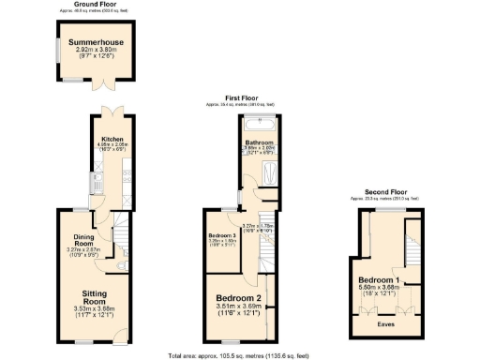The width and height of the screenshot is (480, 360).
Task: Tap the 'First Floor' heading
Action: coord(240,97)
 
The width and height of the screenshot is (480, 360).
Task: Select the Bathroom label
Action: coord(260,142)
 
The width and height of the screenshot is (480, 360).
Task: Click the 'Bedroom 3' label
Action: coord(220,234)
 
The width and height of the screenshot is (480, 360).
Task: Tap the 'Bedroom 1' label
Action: coord(379,280)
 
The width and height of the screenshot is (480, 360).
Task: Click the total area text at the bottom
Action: coord(240,354)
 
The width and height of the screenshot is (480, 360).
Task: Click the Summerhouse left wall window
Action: coord(57,52)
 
